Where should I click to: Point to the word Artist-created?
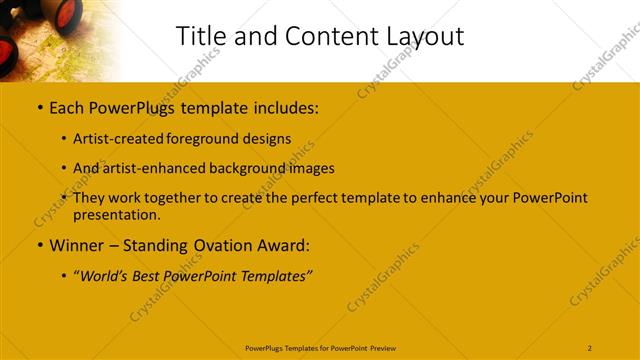[x=116, y=139]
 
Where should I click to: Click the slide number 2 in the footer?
[x=590, y=347]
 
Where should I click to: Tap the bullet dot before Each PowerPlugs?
[x=39, y=106]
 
